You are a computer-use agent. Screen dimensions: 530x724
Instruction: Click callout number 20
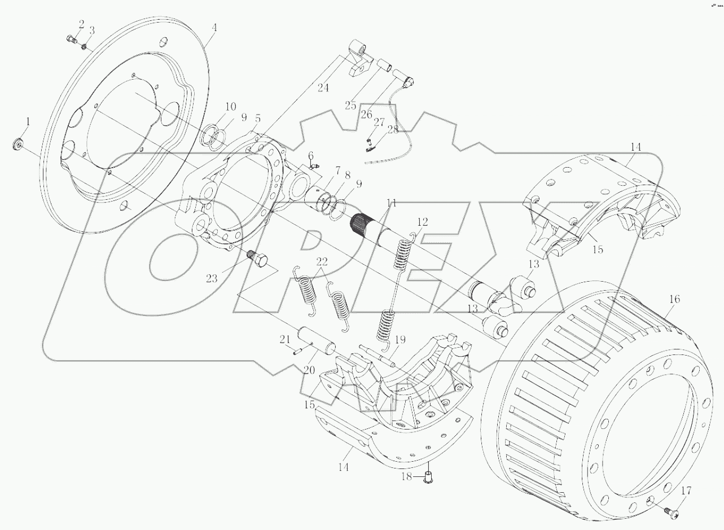point(308,370)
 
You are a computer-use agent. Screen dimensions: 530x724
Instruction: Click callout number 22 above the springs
point(321,261)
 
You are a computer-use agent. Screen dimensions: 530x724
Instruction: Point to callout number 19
point(400,340)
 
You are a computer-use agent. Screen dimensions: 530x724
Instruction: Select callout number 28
point(392,129)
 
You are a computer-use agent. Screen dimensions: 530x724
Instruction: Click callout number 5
point(257,119)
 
